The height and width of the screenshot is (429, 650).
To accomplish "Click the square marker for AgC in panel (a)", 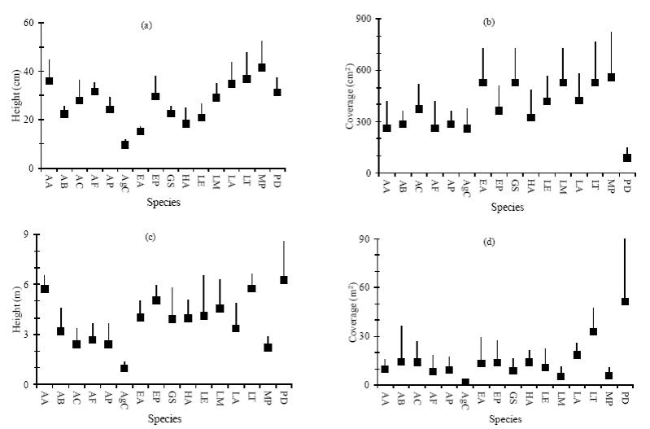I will coord(125,144).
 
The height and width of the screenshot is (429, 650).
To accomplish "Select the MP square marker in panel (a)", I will coord(261,68).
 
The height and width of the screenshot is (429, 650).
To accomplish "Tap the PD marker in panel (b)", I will coord(627,157).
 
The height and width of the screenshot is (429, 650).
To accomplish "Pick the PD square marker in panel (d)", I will coord(626,301).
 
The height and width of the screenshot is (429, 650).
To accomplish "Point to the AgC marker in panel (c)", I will coord(124,368).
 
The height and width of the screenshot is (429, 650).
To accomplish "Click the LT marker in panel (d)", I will coord(594,331).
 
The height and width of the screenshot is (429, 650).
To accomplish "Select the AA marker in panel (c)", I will coord(46,289).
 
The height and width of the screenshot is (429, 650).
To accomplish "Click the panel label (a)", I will coord(146,25).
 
